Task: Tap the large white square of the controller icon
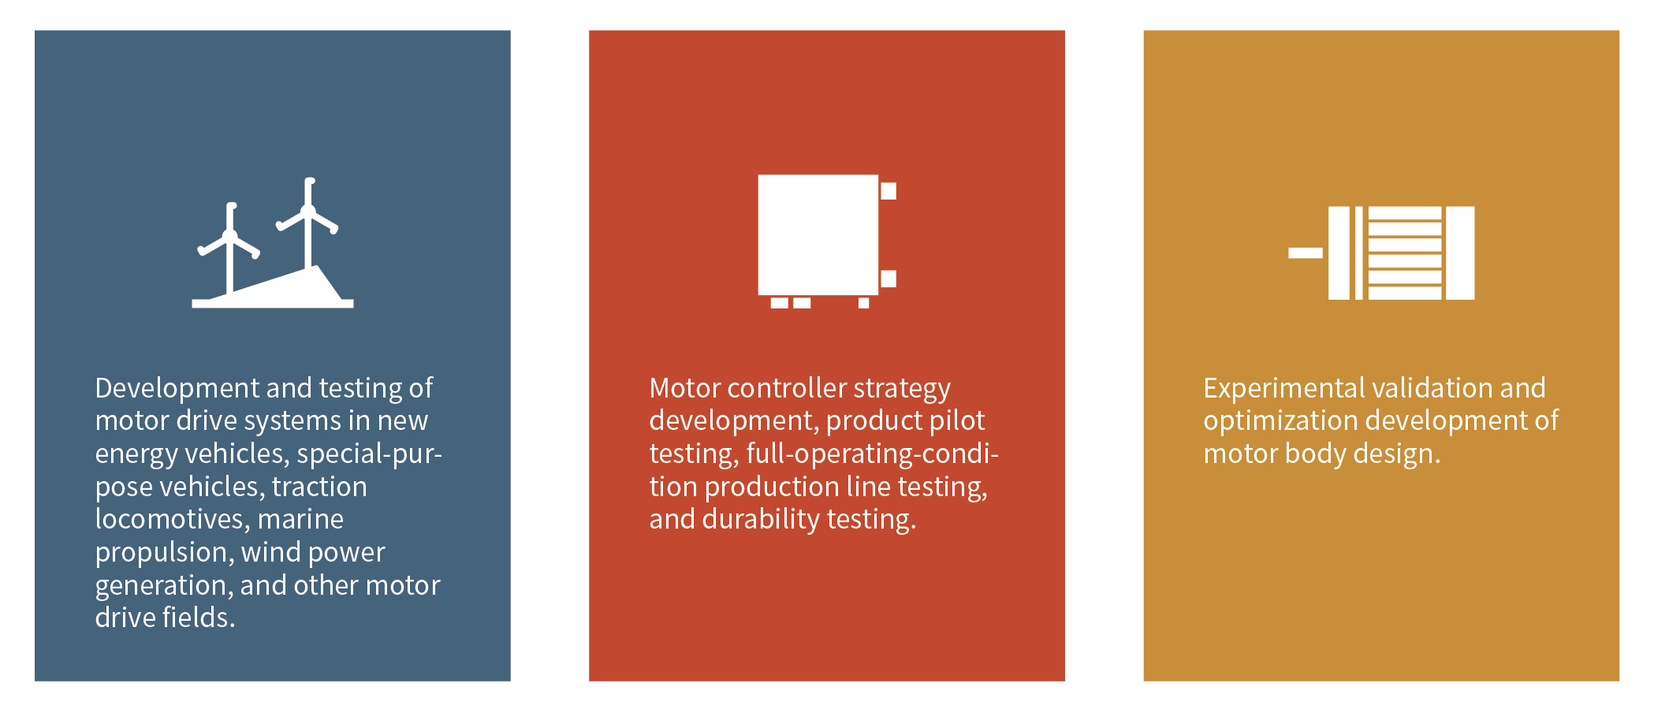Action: (818, 235)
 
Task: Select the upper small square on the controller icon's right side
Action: (888, 191)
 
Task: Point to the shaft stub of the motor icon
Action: (1306, 253)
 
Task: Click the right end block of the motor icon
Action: (1460, 253)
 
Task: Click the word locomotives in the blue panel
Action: (172, 519)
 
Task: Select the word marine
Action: (300, 519)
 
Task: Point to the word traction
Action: (319, 487)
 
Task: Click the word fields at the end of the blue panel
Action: (199, 617)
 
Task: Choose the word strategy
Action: (902, 389)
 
